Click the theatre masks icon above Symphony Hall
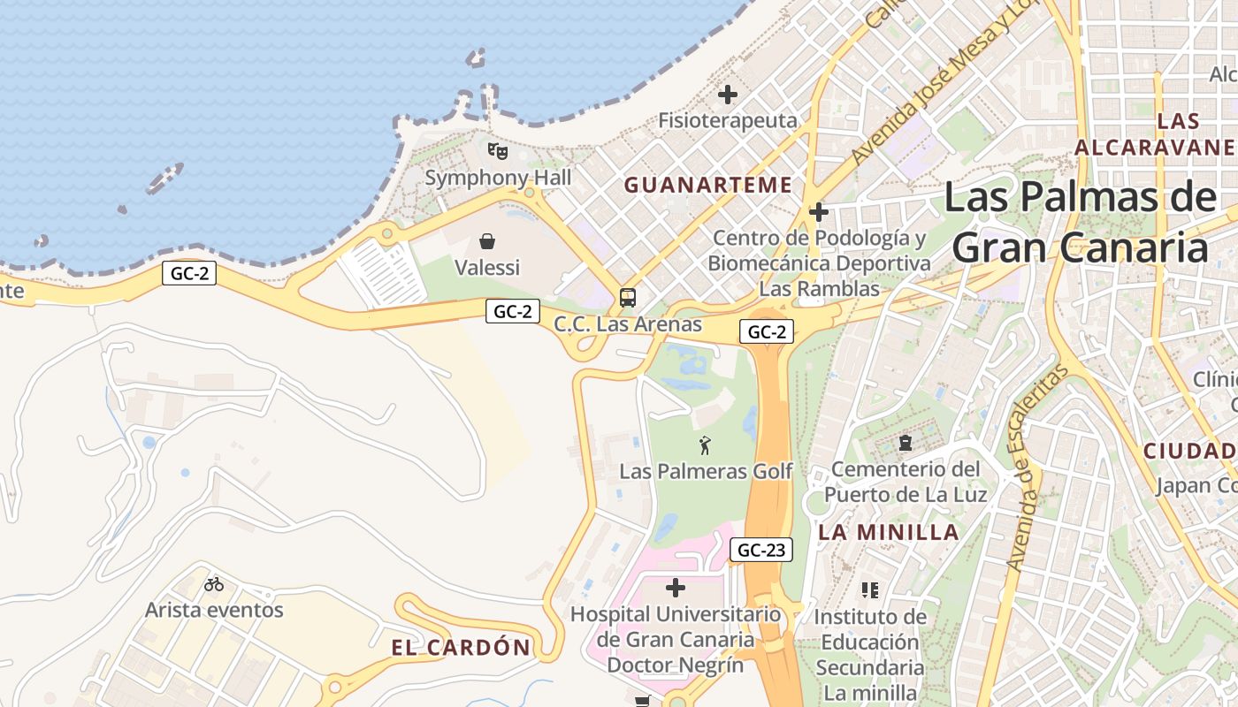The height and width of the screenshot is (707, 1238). [x=498, y=151]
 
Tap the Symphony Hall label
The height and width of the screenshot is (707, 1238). [x=498, y=178]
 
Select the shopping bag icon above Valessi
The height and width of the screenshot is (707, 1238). [x=486, y=240]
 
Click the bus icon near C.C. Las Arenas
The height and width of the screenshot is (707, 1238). [x=627, y=298]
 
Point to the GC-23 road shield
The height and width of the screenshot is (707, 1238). [x=761, y=550]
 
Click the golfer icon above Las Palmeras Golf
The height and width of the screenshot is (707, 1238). [x=705, y=445]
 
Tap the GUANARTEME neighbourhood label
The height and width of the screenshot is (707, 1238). [x=707, y=185]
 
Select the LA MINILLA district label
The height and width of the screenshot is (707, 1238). [x=889, y=532]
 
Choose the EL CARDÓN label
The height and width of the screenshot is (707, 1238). [x=461, y=648]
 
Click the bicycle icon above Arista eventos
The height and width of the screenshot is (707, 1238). [x=214, y=583]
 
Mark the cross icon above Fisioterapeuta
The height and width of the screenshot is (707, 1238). [x=728, y=94]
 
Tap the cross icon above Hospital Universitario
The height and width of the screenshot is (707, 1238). [x=676, y=587]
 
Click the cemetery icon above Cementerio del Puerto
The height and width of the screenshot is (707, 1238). [x=905, y=443]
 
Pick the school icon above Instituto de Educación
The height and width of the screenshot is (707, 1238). [x=870, y=589]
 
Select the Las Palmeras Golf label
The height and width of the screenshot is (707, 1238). [x=706, y=471]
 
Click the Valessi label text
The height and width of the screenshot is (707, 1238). [x=486, y=267]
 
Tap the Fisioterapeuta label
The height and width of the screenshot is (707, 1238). [x=728, y=120]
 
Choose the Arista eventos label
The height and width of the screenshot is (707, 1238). [x=214, y=610]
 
